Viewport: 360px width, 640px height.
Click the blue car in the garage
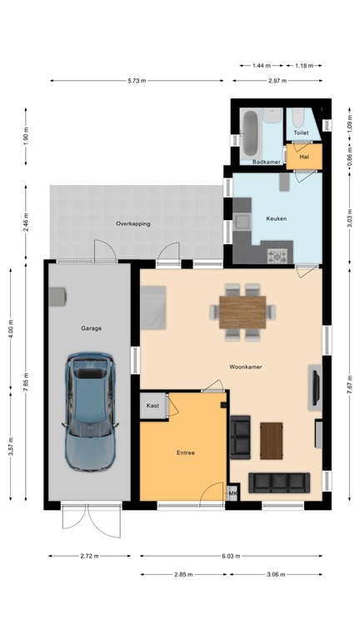tap(89, 412)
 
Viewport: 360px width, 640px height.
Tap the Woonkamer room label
tap(245, 367)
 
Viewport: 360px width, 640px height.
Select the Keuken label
tap(277, 218)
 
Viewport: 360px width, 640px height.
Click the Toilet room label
tap(301, 132)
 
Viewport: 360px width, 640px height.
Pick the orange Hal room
tap(304, 157)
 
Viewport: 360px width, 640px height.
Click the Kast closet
tap(152, 405)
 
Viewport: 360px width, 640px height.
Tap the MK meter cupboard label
tap(233, 494)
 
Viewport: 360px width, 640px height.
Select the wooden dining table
tap(242, 312)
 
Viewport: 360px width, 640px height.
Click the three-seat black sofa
tap(279, 482)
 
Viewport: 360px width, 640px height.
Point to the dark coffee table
tap(272, 441)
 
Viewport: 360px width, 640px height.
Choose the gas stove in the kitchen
tap(277, 257)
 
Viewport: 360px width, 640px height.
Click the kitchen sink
tap(242, 222)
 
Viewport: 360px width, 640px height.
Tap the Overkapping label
tap(133, 223)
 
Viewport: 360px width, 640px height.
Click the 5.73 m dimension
tap(137, 81)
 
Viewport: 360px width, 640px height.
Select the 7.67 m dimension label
tap(350, 385)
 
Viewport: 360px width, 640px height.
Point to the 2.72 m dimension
tap(89, 556)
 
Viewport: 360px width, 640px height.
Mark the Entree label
tap(186, 452)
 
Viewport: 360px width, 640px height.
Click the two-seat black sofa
tap(240, 437)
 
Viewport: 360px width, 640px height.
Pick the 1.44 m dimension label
tap(261, 65)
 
